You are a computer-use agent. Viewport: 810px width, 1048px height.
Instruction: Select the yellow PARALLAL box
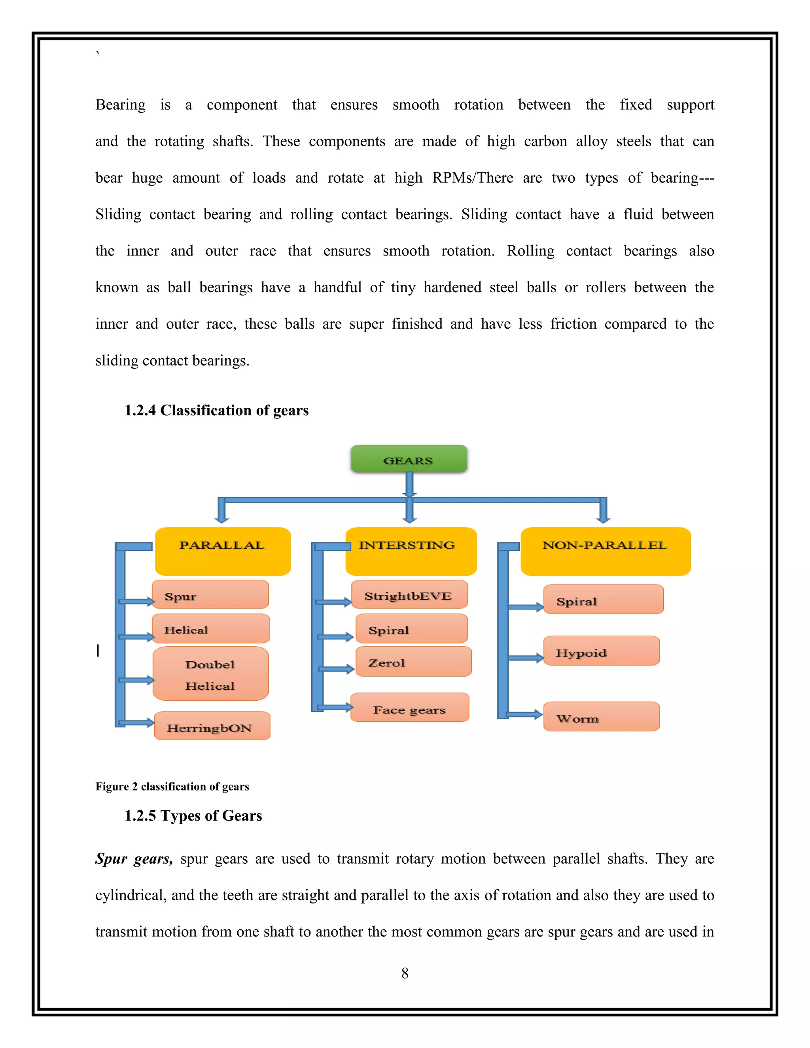point(223,551)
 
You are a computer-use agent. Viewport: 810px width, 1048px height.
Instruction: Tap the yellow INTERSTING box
point(411,551)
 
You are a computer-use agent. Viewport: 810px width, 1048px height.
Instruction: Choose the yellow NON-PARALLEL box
point(606,551)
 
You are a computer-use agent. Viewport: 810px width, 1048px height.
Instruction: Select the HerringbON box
point(212,726)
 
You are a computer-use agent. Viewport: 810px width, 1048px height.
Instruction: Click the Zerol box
point(414,661)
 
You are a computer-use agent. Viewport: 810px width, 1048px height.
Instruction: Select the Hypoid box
point(601,651)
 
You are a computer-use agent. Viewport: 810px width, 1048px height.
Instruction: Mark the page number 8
point(405,973)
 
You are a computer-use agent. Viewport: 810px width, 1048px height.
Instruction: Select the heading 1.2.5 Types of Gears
point(193,816)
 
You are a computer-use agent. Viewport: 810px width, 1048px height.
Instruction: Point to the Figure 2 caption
point(172,787)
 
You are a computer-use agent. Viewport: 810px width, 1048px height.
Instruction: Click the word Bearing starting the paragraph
point(121,105)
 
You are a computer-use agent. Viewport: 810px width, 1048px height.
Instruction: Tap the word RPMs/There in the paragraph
point(473,178)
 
